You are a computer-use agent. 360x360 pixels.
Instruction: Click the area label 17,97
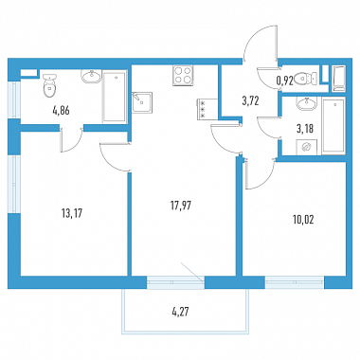[x=181, y=206]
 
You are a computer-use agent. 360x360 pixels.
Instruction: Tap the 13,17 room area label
[x=72, y=214]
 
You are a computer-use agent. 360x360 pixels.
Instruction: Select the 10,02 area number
[x=303, y=220]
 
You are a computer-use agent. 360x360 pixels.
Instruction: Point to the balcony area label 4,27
[x=181, y=314]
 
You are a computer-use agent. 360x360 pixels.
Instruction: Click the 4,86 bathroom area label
[x=61, y=111]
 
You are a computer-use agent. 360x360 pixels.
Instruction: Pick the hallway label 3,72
[x=250, y=101]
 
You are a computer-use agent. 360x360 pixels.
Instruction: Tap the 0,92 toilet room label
[x=285, y=81]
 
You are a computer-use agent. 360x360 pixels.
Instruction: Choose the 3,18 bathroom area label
[x=305, y=129]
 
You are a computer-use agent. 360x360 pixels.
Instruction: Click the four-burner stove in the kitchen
[x=183, y=76]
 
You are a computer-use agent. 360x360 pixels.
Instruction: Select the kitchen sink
[x=142, y=102]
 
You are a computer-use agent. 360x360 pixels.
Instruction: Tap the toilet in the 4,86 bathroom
[x=49, y=85]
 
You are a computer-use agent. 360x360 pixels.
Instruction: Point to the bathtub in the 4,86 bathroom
[x=115, y=97]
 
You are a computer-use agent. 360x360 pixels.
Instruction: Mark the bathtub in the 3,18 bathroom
[x=333, y=126]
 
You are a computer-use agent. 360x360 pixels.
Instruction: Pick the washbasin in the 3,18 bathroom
[x=306, y=103]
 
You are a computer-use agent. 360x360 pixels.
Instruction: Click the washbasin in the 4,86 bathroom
[x=92, y=77]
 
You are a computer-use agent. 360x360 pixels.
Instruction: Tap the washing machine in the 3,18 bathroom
[x=306, y=147]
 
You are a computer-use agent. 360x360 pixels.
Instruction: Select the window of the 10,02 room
[x=295, y=282]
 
